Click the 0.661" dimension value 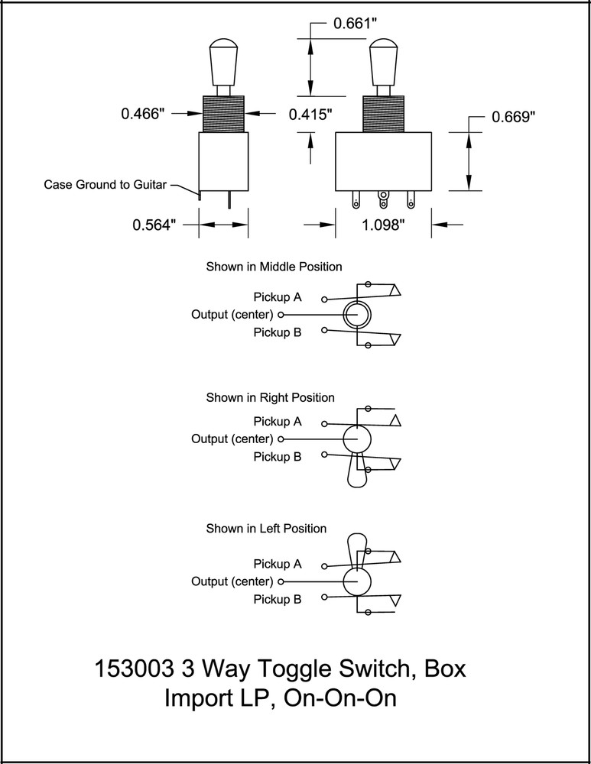pos(356,24)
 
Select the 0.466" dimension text pos(143,114)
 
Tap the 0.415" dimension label pos(310,115)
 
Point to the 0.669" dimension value pos(513,117)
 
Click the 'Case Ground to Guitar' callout pos(105,185)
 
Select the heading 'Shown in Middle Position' pos(274,267)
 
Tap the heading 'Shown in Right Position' pos(270,398)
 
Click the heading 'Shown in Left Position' pos(266,529)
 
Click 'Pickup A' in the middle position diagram pos(277,296)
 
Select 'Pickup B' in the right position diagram pos(277,457)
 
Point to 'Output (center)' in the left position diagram pos(232,582)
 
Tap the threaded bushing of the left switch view pos(223,113)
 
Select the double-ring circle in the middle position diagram pos(356,314)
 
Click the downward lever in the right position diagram pos(357,470)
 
